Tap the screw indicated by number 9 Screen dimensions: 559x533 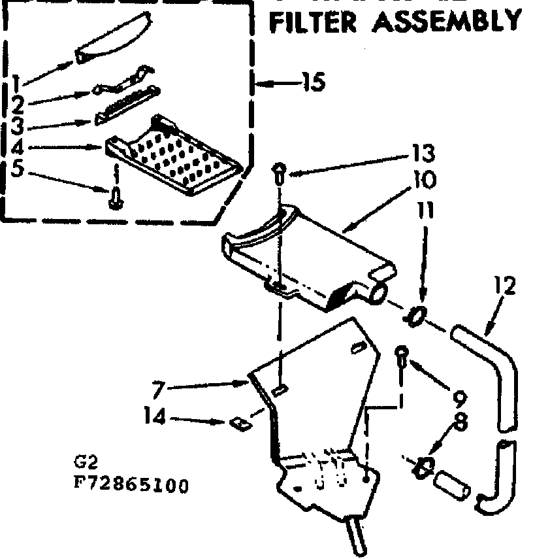pyautogui.click(x=402, y=357)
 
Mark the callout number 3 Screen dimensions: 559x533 pyautogui.click(x=18, y=124)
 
